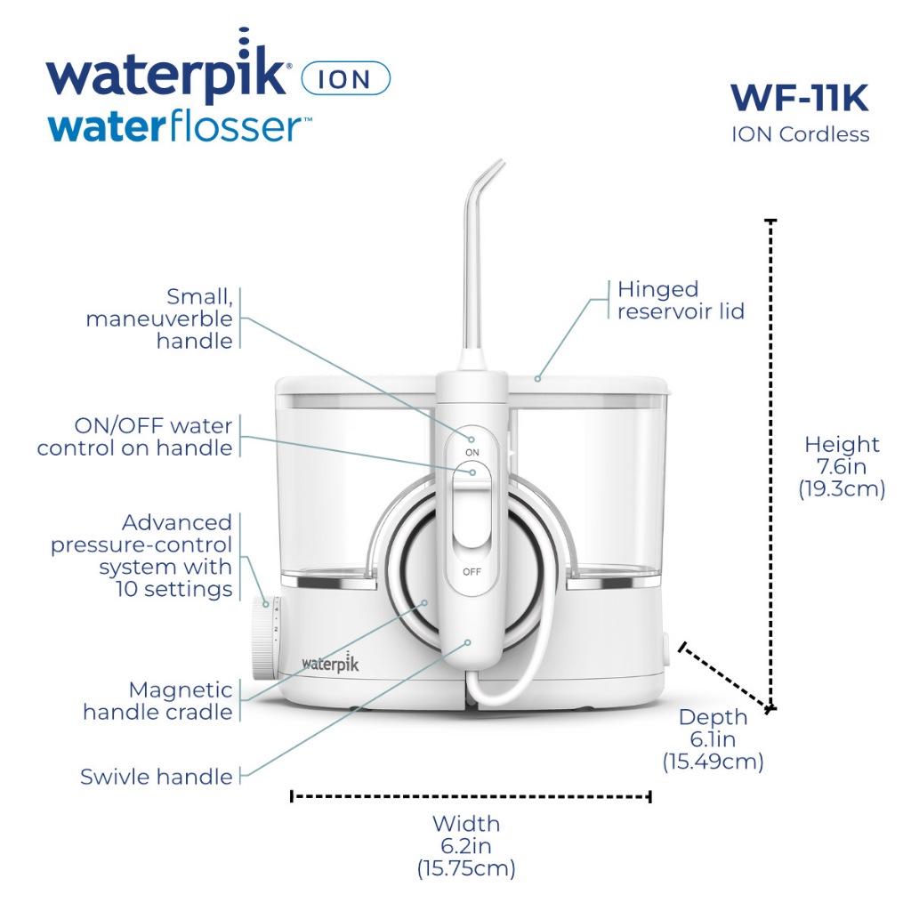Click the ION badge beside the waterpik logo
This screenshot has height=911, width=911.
(346, 78)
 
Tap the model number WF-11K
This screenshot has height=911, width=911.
(800, 98)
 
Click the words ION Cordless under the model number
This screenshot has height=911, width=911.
(800, 134)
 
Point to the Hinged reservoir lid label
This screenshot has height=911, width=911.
(681, 300)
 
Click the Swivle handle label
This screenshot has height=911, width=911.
(157, 777)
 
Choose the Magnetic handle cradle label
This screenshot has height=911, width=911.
(157, 701)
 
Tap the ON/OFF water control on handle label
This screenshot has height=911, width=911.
(135, 437)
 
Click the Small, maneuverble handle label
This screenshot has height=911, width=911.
(159, 318)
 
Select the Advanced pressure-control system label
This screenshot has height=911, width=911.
(141, 555)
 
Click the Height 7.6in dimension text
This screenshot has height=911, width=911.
(842, 466)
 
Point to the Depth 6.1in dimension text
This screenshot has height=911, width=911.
(713, 739)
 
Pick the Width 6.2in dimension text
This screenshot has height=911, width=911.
(466, 846)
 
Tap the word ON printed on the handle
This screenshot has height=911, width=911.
(472, 452)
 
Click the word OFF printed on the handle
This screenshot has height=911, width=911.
(472, 572)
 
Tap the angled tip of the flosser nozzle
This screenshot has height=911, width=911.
(500, 164)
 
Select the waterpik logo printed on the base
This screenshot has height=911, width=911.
(330, 662)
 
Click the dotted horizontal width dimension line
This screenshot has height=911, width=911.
(471, 796)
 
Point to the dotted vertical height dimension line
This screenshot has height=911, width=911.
(771, 464)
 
